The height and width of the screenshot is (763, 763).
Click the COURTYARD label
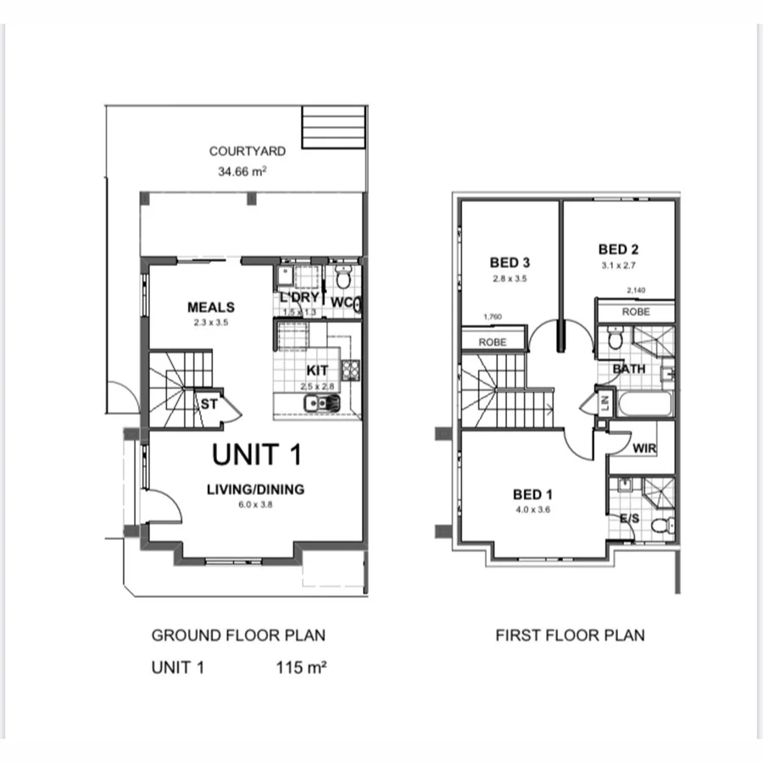point(248,151)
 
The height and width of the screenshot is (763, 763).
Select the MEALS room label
point(211,307)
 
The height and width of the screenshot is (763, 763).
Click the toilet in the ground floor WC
point(343,276)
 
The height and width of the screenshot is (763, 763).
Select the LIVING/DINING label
point(255,489)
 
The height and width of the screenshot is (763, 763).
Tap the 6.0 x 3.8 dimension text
point(255,504)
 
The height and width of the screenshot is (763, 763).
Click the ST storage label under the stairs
point(209,405)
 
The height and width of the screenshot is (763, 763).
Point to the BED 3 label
point(509,262)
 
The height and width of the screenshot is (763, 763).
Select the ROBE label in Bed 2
point(636,312)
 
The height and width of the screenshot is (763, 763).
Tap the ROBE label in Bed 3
point(493,343)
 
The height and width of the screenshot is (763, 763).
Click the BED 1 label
point(532,494)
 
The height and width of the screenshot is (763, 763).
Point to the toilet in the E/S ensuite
point(659,526)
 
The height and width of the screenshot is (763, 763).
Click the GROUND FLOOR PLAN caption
point(238,635)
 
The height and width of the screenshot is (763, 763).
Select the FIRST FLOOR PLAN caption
point(571,635)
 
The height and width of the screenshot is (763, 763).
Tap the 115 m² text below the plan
point(302,667)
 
